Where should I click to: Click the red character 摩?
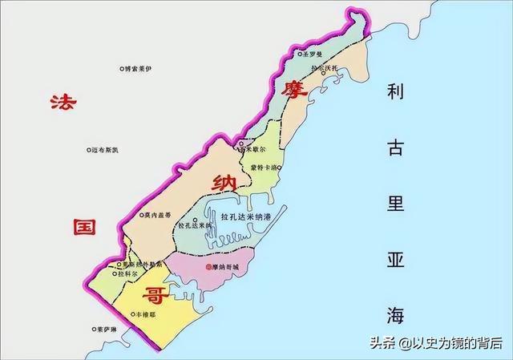pyautogui.click(x=291, y=90)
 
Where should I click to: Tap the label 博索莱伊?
pyautogui.click(x=137, y=70)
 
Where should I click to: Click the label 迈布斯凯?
pyautogui.click(x=105, y=150)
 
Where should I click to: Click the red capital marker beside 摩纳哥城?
pyautogui.click(x=208, y=266)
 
